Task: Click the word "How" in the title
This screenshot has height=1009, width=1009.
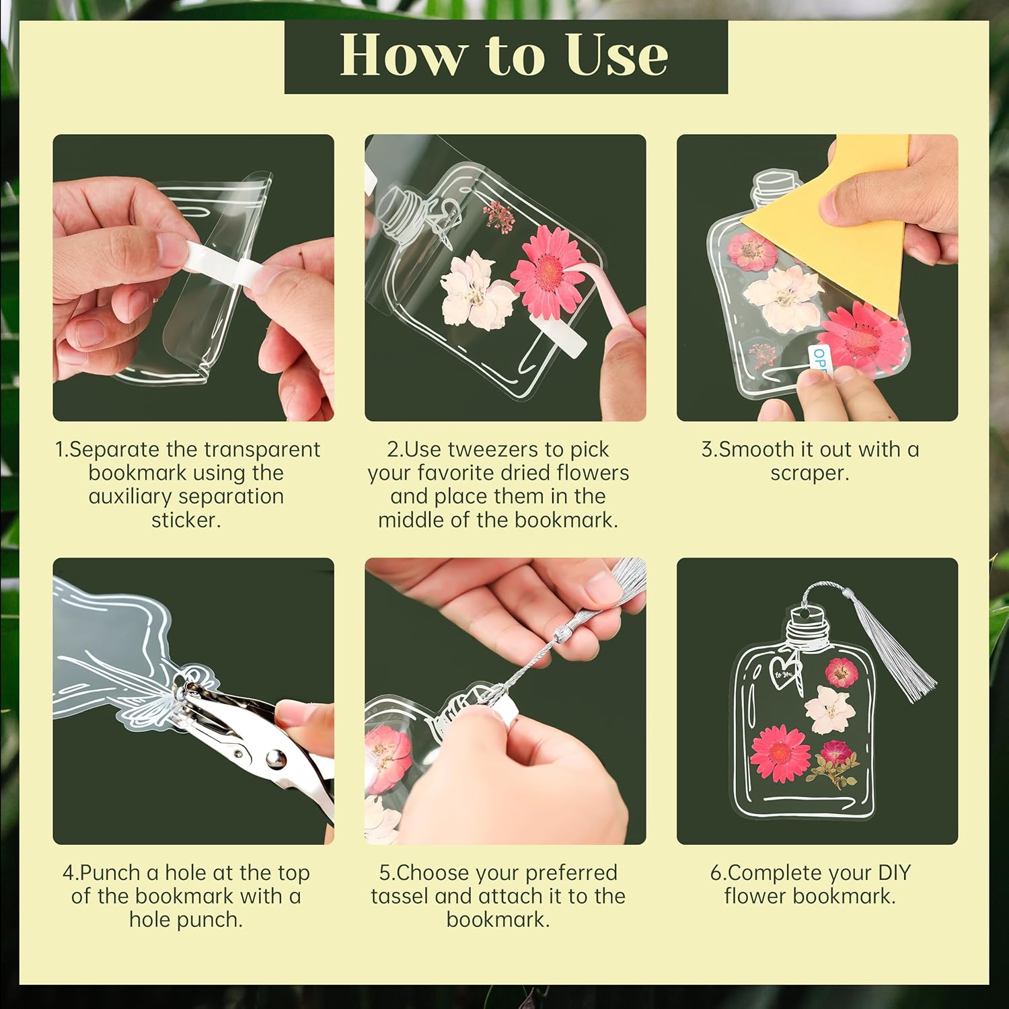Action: tap(401, 55)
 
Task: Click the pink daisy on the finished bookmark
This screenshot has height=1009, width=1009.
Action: tap(780, 753)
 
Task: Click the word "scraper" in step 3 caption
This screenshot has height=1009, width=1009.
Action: tap(810, 473)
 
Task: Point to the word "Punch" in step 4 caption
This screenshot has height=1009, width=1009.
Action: tap(111, 872)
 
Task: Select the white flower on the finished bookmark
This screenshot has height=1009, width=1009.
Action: tap(829, 708)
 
